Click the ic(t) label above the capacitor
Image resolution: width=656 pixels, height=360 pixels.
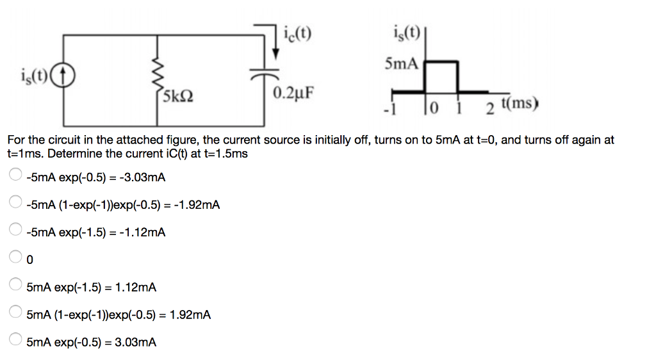(297, 33)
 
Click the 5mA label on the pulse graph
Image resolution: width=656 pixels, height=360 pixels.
(402, 63)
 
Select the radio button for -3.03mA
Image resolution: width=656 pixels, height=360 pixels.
(15, 176)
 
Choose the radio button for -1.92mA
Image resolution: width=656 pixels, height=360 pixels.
(15, 203)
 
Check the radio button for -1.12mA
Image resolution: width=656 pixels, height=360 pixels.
(15, 231)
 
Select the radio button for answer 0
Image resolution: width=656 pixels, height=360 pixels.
(15, 258)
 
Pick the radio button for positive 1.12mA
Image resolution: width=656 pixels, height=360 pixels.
(15, 286)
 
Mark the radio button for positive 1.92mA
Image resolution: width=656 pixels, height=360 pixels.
(15, 313)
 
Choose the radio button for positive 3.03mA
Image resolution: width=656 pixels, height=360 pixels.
(15, 341)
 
